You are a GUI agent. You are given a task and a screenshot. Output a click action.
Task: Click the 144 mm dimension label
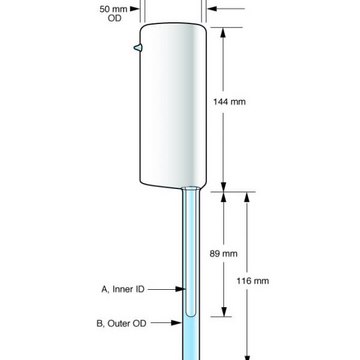[229, 102]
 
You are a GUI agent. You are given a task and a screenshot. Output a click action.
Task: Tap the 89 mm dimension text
[223, 254]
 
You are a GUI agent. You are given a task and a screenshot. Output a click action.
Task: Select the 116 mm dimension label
[253, 281]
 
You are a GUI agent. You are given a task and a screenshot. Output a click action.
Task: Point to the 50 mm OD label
[113, 14]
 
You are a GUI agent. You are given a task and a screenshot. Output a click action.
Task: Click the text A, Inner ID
[123, 289]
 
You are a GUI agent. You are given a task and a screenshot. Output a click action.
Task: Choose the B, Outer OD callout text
[121, 323]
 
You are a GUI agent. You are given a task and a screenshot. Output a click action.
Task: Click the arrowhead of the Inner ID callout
[180, 289]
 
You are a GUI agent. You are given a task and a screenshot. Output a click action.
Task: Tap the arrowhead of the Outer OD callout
[176, 323]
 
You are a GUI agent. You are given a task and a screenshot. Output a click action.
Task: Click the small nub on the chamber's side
[138, 48]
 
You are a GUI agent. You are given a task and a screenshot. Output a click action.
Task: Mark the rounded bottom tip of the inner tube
[190, 314]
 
